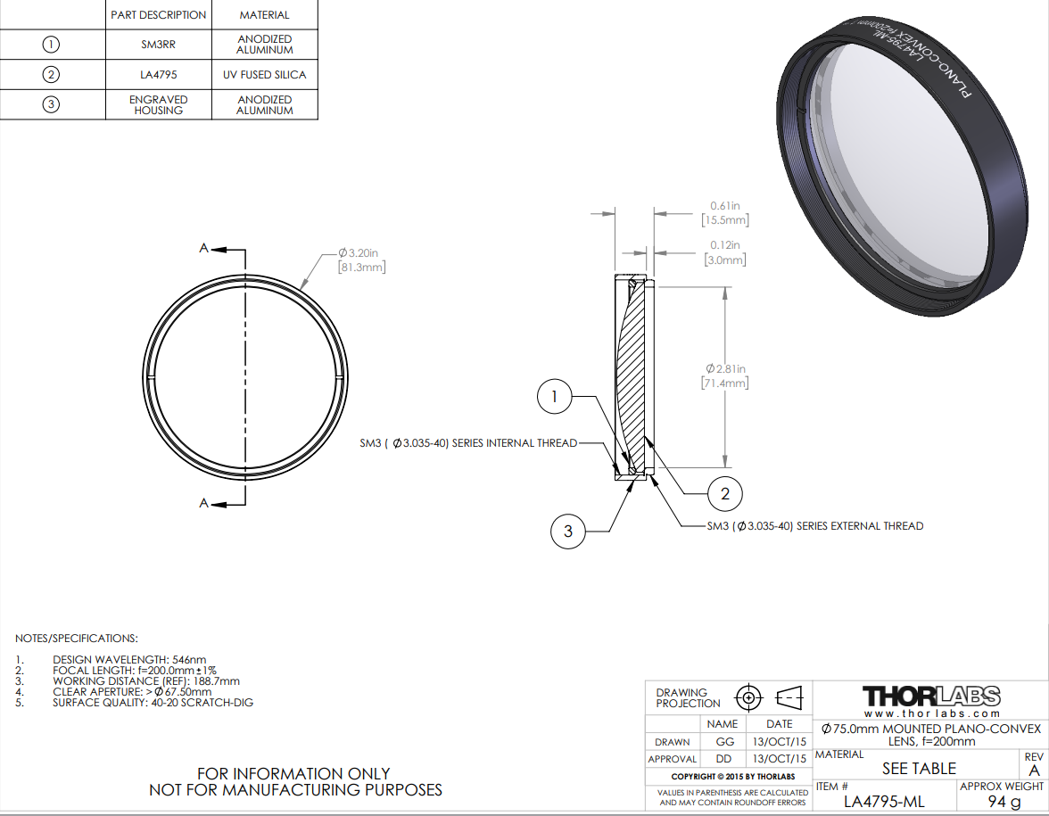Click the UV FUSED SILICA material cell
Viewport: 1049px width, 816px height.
(x=265, y=75)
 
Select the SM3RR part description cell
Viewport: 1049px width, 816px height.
(x=159, y=45)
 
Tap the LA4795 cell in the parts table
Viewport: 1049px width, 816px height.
(x=159, y=75)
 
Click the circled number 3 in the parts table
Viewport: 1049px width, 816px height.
(x=51, y=104)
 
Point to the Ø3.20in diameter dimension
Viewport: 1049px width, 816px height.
(x=361, y=260)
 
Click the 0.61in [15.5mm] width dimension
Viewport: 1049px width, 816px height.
(x=725, y=212)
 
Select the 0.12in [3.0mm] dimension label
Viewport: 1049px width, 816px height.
(x=725, y=252)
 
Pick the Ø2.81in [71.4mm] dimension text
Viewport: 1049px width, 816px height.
(x=725, y=376)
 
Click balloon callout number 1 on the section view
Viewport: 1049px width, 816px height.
(x=555, y=397)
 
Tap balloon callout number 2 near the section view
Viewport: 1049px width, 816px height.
(x=725, y=494)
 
